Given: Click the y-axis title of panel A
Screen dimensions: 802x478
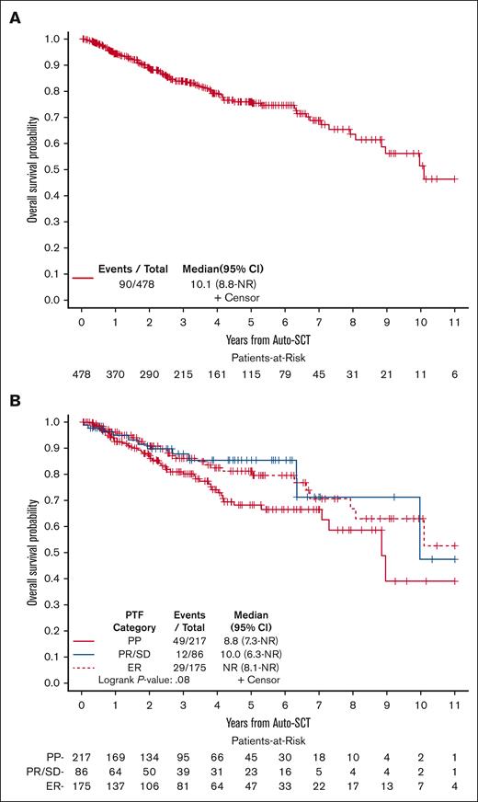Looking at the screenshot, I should pyautogui.click(x=32, y=167).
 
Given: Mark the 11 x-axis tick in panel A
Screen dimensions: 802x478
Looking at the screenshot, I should pyautogui.click(x=454, y=323).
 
